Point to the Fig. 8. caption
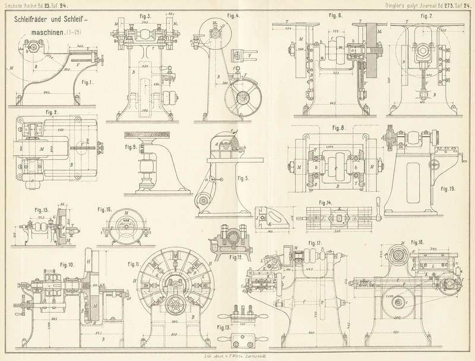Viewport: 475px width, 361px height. coord(338,128)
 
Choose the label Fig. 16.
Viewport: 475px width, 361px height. coord(104,209)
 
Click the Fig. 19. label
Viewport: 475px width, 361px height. coord(448,189)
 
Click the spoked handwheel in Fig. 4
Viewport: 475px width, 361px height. coord(242,97)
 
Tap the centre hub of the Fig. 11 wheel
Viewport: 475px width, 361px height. coord(175,305)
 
